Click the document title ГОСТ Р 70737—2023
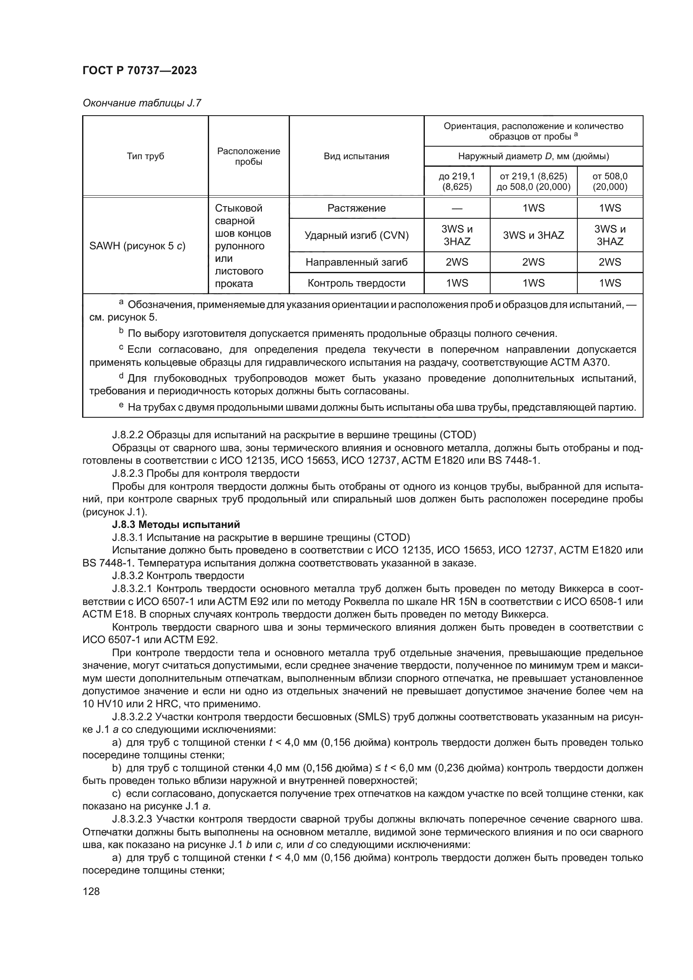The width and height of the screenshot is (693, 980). pyautogui.click(x=140, y=70)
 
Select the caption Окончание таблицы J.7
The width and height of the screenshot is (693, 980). pyautogui.click(x=142, y=103)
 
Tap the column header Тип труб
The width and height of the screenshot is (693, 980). pyautogui.click(x=145, y=156)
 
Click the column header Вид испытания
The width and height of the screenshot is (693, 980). pyautogui.click(x=356, y=156)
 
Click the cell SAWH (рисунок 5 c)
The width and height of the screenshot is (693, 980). pyautogui.click(x=137, y=246)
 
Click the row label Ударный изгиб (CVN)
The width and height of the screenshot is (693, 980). pyautogui.click(x=356, y=235)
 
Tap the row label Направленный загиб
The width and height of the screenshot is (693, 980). pyautogui.click(x=356, y=262)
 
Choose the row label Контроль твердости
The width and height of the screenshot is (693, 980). pyautogui.click(x=356, y=283)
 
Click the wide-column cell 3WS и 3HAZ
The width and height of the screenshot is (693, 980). pyautogui.click(x=533, y=235)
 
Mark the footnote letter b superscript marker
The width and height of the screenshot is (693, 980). pyautogui.click(x=121, y=331)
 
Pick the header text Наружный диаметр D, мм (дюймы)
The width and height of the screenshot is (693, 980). pyautogui.click(x=533, y=156)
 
